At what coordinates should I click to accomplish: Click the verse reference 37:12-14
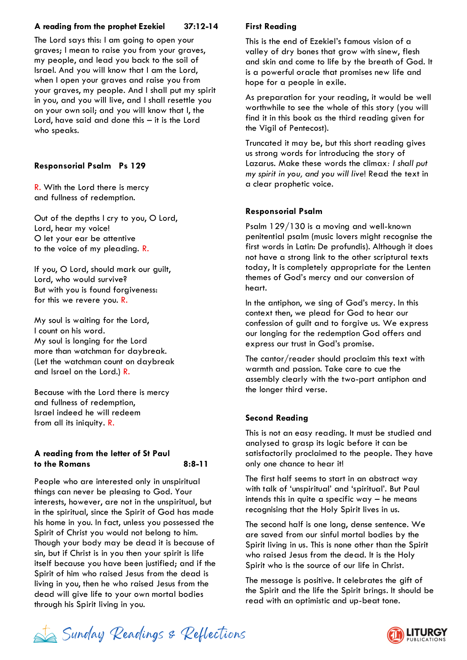[x=201, y=26]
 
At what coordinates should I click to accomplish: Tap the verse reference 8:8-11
[x=195, y=464]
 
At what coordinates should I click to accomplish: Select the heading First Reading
[x=271, y=26]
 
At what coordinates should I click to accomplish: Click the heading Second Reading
[x=276, y=418]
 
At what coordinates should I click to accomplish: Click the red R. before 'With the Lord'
[x=38, y=187]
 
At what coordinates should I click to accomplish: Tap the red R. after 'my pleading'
[x=145, y=248]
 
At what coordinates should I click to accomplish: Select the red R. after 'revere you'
[x=124, y=300]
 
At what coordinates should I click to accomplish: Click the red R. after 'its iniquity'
[x=111, y=422]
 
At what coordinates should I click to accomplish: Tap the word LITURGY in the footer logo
[x=427, y=632]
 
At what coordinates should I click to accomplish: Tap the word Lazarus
[x=260, y=163]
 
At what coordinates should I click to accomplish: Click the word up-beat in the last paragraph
[x=351, y=600]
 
